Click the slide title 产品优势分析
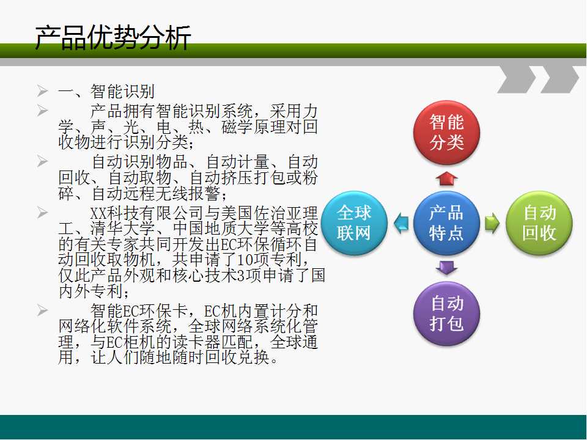tap(113, 38)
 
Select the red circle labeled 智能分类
tap(446, 133)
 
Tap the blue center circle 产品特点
tap(446, 224)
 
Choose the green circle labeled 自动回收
tap(539, 224)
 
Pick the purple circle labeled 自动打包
tap(446, 313)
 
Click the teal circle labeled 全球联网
tap(354, 224)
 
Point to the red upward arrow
tap(446, 178)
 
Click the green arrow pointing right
tap(492, 224)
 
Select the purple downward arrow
tap(446, 268)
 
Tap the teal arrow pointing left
tap(401, 224)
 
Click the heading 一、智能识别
tap(106, 91)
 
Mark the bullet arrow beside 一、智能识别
tap(42, 91)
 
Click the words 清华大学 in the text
tap(123, 228)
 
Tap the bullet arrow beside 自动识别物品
tap(42, 161)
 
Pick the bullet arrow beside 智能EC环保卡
tap(42, 310)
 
